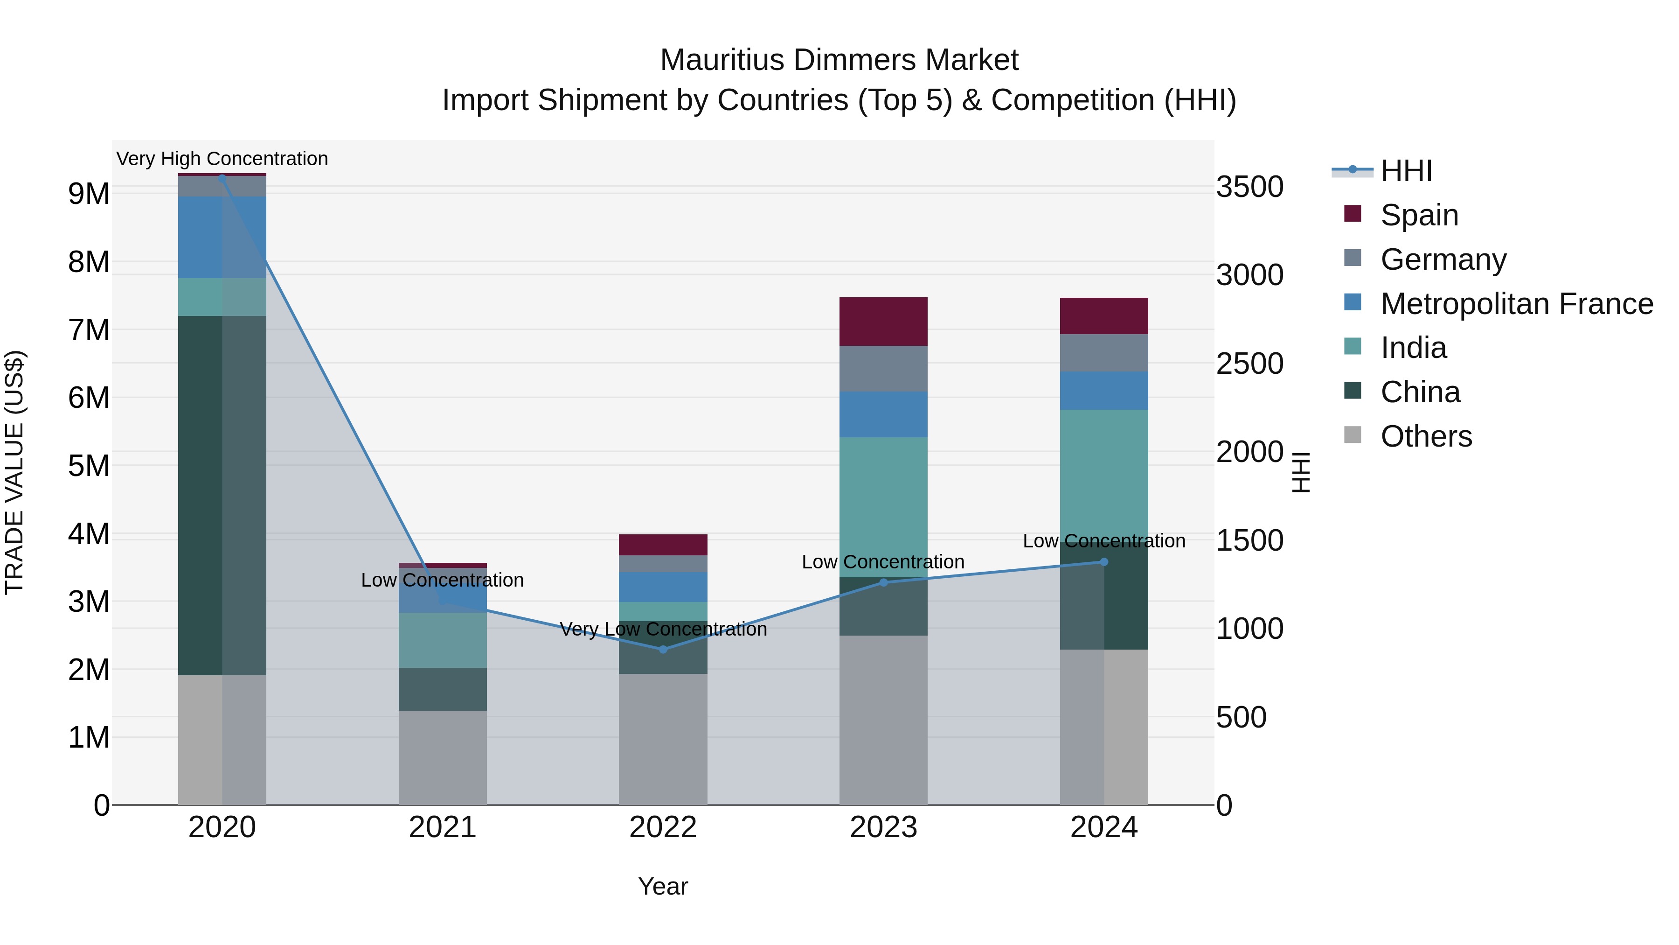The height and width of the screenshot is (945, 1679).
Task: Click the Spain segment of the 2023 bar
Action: click(x=883, y=322)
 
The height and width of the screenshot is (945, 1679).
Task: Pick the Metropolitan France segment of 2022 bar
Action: click(x=663, y=587)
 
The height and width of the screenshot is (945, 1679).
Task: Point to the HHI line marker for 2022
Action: click(x=663, y=650)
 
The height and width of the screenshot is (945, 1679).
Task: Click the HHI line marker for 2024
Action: click(x=1103, y=561)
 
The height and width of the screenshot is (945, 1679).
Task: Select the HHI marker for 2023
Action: click(x=883, y=582)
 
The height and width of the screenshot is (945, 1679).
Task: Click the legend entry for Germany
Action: click(x=1443, y=259)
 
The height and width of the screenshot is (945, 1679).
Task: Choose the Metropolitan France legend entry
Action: click(x=1516, y=304)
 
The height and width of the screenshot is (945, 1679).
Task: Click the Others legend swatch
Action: click(x=1353, y=435)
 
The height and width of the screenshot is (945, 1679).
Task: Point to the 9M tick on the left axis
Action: click(x=89, y=194)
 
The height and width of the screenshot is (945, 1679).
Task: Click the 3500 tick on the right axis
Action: click(x=1249, y=187)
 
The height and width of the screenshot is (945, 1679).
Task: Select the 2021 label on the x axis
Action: click(x=443, y=827)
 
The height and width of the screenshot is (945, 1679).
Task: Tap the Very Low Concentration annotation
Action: click(x=663, y=629)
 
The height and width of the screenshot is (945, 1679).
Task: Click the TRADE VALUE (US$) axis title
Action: click(x=14, y=472)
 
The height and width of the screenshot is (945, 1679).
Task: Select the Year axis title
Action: click(x=663, y=886)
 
